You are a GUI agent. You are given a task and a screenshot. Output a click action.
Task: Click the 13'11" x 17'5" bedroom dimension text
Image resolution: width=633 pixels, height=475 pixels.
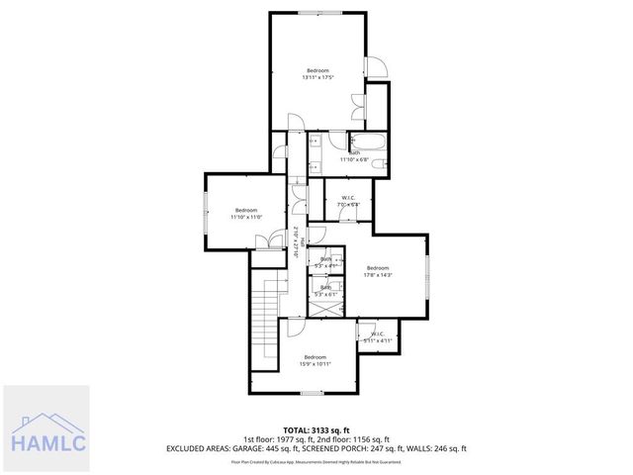click(x=317, y=77)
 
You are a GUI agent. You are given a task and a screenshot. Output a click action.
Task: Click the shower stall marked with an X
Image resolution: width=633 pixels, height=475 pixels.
click(x=324, y=307)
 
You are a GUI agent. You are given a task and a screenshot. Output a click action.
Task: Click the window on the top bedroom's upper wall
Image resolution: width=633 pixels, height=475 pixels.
click(x=317, y=13)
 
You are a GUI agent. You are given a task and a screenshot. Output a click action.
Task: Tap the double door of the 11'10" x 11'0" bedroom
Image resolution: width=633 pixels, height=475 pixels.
click(x=264, y=240)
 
